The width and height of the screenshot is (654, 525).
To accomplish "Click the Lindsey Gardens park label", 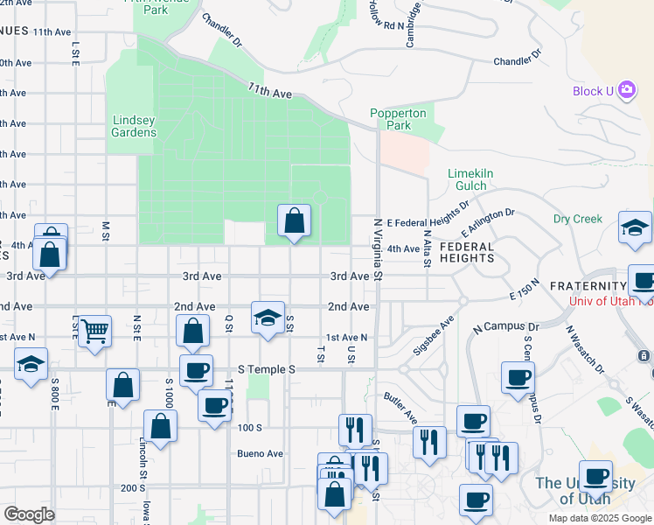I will tap(134, 126).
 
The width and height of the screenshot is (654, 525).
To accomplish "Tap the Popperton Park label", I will tap(398, 119).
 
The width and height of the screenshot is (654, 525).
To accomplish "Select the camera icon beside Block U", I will tap(626, 90).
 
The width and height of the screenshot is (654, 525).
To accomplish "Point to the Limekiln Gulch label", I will tap(470, 179).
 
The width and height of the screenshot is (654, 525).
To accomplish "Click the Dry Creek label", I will tap(577, 219).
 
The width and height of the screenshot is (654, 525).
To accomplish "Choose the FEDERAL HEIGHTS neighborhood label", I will tap(467, 252).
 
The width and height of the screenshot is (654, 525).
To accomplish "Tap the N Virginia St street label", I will tap(379, 249).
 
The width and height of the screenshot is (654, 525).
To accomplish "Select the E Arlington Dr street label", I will tap(488, 223).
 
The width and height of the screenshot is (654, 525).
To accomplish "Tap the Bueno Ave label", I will tap(261, 453).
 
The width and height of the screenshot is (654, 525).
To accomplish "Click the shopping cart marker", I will tap(94, 332).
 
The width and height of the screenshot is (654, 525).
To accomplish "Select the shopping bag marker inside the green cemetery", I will tap(295, 220).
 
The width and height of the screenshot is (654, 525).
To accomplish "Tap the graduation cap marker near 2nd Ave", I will tap(268, 318).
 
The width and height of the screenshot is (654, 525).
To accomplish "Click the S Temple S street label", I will tap(264, 370).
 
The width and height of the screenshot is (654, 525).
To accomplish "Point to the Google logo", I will tap(29, 514).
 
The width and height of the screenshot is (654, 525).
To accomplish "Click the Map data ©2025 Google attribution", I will tap(599, 518).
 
